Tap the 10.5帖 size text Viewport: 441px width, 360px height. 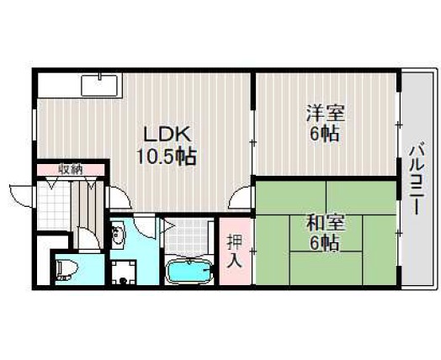[x=167, y=156]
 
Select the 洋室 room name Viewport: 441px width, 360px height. [x=325, y=113]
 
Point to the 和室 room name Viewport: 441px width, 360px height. [x=325, y=223]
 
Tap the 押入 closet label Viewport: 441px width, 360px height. [x=234, y=251]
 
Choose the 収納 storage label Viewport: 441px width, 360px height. [x=71, y=169]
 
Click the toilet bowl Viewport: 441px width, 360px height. [x=66, y=270]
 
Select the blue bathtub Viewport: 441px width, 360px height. [x=189, y=271]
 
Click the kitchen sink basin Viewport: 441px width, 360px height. [x=99, y=86]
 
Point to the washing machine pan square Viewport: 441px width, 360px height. [x=124, y=272]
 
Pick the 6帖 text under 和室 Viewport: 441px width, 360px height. [x=324, y=243]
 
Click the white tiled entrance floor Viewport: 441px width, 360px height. [x=53, y=205]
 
